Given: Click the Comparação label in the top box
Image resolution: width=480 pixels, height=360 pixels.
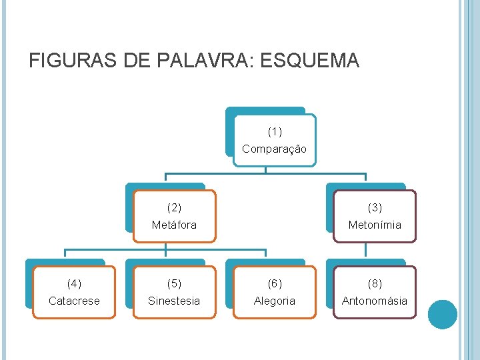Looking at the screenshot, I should coord(275,149).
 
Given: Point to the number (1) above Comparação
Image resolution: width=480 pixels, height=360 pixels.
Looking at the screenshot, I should coord(275,131).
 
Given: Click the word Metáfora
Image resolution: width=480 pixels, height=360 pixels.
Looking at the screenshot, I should coord(174,225).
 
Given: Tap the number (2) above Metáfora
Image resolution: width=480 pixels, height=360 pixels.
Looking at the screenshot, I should coord(174,207).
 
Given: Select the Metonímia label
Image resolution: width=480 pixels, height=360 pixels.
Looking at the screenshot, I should coord(375,225).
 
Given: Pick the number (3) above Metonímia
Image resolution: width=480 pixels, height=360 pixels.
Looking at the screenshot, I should coord(375,207).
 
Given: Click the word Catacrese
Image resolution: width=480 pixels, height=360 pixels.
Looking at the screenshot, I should coord(74,301).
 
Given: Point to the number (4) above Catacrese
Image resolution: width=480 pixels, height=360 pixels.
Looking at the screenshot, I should coord(74,283).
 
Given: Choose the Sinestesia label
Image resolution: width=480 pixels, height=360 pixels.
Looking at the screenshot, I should coord(174,301).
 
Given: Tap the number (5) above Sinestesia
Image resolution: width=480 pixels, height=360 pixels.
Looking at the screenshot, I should coord(174,283).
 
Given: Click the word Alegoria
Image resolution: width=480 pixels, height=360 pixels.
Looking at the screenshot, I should coord(275,301).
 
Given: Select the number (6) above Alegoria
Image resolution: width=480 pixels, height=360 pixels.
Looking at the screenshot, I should coord(275,283).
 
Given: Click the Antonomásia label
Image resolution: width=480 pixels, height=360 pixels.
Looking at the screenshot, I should coord(375,301).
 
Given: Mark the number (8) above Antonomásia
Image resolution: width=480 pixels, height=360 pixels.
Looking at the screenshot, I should coord(375,283).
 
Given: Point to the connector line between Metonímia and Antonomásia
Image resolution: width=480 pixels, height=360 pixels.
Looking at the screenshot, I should coord(366,249).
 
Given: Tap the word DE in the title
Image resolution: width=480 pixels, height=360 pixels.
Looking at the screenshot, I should coord(136,61).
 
